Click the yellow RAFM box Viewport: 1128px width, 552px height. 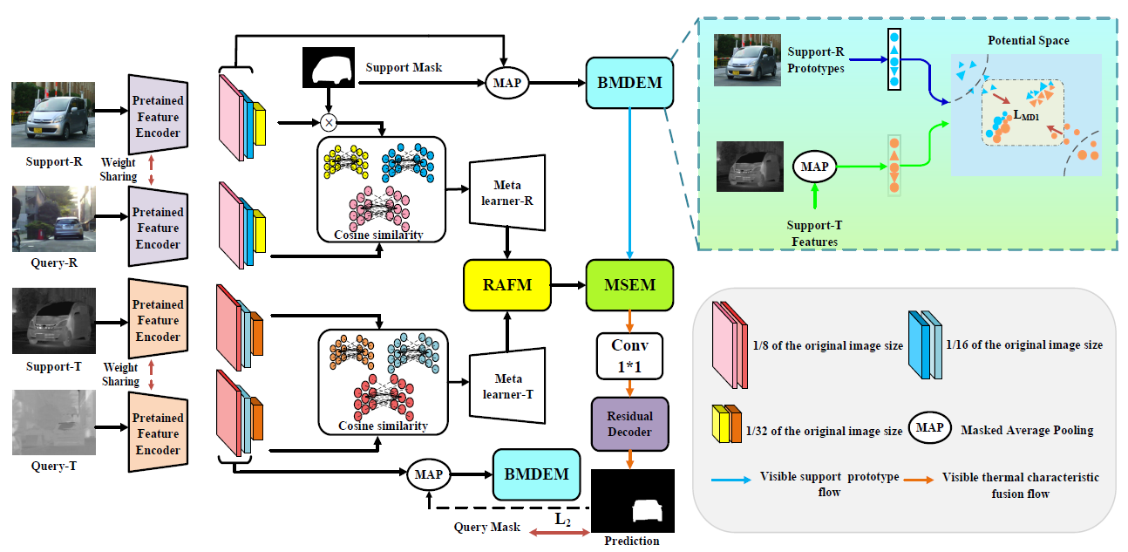click(506, 285)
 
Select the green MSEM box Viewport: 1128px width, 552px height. click(630, 285)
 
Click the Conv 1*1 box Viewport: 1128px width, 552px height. click(629, 356)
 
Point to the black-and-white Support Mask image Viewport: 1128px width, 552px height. click(330, 67)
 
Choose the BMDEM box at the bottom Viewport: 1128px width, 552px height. click(536, 474)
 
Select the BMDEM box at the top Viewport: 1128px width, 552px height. click(629, 83)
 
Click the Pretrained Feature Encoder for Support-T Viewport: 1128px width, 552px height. click(158, 320)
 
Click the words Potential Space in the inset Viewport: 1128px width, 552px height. click(1028, 41)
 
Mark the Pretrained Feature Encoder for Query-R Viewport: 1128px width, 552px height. click(158, 228)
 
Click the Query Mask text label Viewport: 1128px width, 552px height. click(486, 528)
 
